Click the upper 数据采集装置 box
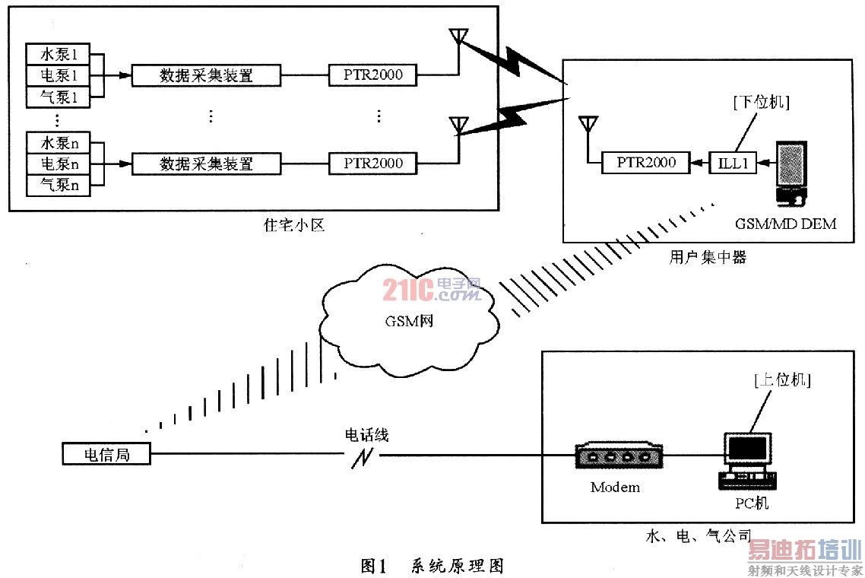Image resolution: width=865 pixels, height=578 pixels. tap(206, 75)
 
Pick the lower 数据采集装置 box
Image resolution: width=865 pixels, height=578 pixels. tap(206, 163)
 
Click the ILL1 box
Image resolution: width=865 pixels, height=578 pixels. tap(734, 162)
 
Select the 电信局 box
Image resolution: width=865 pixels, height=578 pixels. tap(106, 454)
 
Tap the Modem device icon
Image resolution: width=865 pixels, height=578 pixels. tap(615, 456)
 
